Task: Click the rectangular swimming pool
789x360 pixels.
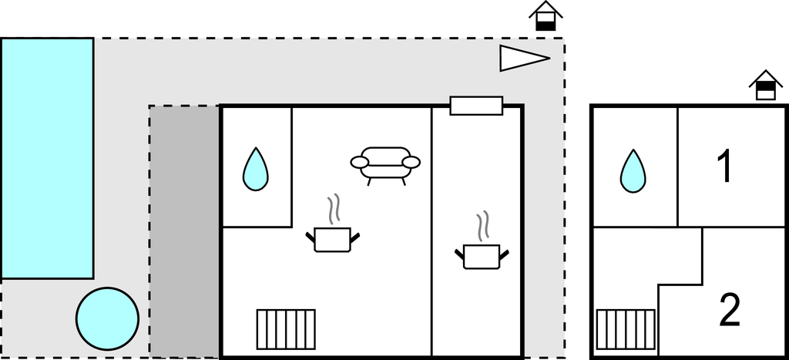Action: [x=47, y=158]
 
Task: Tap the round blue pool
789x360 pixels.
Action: [x=107, y=318]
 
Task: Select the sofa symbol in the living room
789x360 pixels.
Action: [x=385, y=163]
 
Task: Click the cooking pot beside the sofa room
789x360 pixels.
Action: [x=334, y=237]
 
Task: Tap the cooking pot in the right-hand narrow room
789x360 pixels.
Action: [x=482, y=255]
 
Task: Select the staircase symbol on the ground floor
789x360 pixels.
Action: [x=286, y=329]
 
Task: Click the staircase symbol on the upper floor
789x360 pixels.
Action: [x=626, y=329]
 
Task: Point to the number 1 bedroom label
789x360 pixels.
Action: [x=724, y=167]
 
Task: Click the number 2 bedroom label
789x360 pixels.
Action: [x=729, y=310]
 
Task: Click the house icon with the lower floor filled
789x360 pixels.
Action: [x=546, y=18]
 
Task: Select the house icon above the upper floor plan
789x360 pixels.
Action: [x=766, y=86]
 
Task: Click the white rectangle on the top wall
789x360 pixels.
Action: [x=476, y=106]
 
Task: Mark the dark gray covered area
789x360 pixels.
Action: [x=185, y=231]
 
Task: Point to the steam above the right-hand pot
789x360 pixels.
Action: [x=483, y=226]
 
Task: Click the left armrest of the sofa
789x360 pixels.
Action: [x=360, y=162]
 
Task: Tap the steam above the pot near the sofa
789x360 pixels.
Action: [x=334, y=209]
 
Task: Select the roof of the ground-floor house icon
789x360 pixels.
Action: [x=546, y=8]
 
